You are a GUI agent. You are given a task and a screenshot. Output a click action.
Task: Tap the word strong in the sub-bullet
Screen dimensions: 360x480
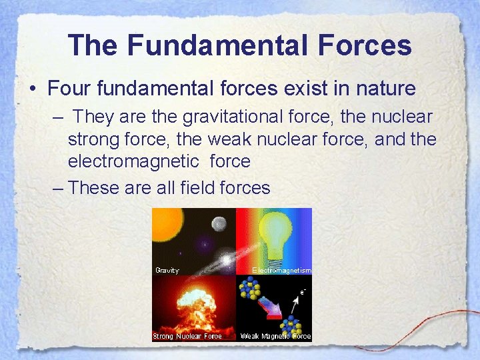(x=91, y=139)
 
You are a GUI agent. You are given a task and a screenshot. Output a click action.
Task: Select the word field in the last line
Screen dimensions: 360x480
(x=197, y=188)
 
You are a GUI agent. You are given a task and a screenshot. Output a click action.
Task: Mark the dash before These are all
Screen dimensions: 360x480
(x=58, y=188)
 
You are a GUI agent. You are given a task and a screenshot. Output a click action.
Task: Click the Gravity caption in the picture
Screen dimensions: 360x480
(x=167, y=270)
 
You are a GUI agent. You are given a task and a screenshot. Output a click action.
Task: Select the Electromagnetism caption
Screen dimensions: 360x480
(x=281, y=270)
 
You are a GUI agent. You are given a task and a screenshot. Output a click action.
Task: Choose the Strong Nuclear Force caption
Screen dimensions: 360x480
(x=187, y=336)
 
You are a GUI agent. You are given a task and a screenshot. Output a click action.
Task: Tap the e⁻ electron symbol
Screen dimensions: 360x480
(x=303, y=291)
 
